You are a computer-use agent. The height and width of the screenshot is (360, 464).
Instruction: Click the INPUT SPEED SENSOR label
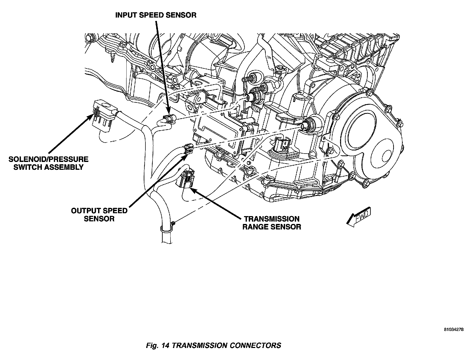tap(156, 15)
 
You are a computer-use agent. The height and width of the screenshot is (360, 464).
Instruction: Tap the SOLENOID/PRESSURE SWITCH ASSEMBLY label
tap(48, 163)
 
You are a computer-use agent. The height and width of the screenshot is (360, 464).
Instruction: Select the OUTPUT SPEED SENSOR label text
tap(99, 215)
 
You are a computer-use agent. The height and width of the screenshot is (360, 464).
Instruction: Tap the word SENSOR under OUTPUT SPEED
tap(99, 219)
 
